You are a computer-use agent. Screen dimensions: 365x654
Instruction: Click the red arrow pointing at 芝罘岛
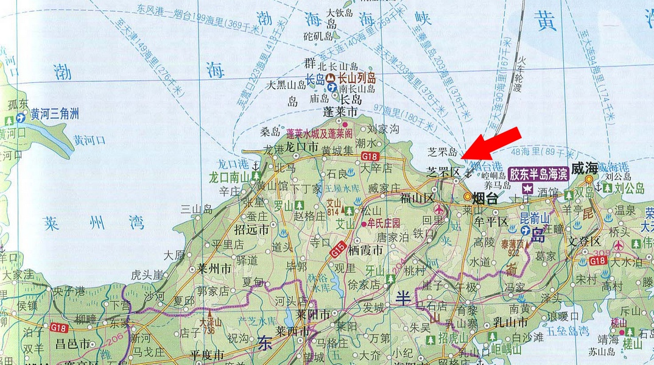pyautogui.click(x=491, y=144)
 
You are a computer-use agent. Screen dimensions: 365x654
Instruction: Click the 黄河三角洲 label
pyautogui.click(x=55, y=113)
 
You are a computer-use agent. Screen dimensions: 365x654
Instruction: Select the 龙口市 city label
pyautogui.click(x=302, y=148)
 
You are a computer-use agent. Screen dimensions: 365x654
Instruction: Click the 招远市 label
pyautogui.click(x=251, y=230)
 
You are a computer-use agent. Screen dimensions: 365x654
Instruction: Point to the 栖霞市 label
pyautogui.click(x=367, y=250)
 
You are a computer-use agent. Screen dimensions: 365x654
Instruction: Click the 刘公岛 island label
pyautogui.click(x=629, y=190)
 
